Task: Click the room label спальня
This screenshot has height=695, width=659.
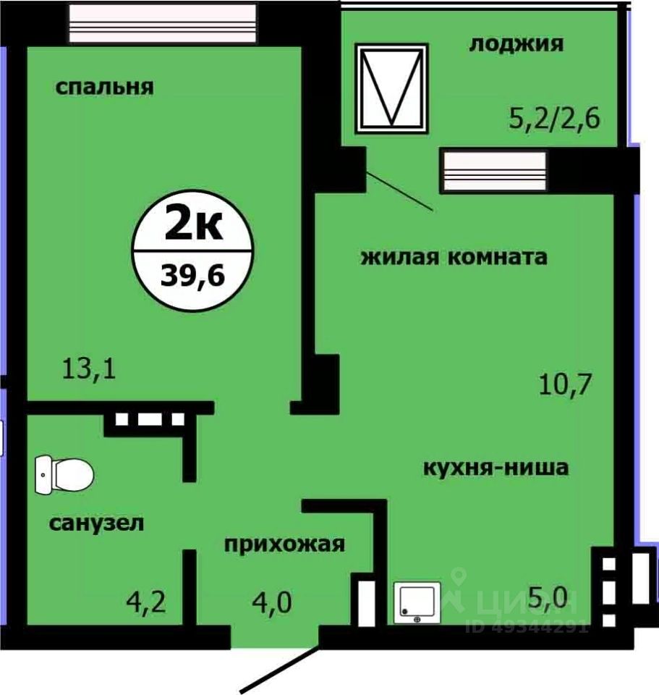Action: (x=105, y=88)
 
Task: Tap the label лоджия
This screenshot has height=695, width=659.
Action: (x=516, y=44)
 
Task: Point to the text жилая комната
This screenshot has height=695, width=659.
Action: (x=454, y=256)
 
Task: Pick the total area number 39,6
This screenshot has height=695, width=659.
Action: (x=194, y=276)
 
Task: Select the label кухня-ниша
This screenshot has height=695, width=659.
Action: (x=496, y=467)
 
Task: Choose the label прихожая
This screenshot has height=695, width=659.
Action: (x=284, y=543)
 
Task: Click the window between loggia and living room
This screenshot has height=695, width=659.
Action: (x=493, y=172)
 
